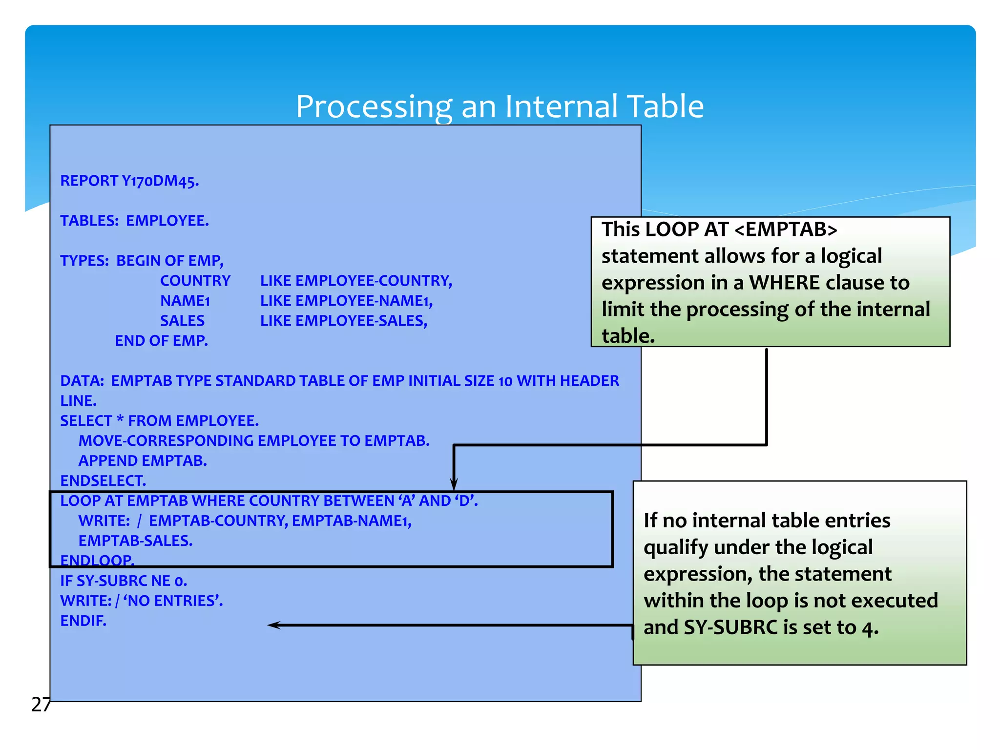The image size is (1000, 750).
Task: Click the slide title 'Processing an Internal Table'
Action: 500,106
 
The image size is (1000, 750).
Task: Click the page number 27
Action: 41,704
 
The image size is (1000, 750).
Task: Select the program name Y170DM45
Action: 160,181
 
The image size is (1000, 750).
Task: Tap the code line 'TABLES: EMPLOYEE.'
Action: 134,221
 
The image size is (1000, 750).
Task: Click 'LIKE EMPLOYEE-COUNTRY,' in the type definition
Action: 356,281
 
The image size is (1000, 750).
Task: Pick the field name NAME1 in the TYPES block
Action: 185,301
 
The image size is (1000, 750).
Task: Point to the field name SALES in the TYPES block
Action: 182,321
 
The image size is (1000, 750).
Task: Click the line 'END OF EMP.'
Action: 161,341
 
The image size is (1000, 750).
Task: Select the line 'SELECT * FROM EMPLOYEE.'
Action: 159,420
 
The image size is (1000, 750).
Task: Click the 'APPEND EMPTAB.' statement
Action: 143,460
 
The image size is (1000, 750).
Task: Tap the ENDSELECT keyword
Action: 103,480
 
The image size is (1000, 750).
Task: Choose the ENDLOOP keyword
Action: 97,560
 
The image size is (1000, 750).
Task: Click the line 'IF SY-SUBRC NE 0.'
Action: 124,581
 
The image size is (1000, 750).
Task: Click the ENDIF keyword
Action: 83,621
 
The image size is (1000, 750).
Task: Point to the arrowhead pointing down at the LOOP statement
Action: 454,484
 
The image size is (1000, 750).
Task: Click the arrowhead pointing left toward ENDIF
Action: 273,625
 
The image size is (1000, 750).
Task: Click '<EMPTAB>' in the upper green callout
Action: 786,229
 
